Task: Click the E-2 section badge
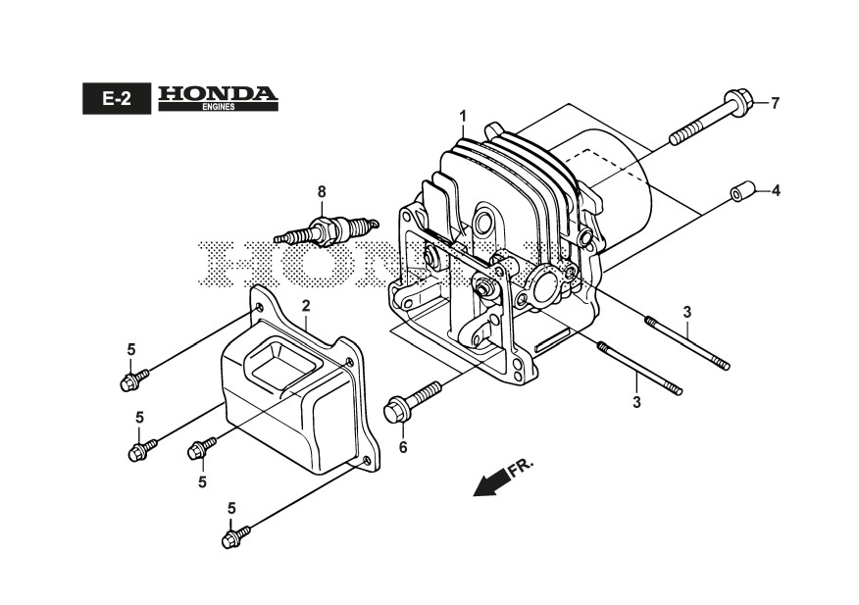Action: pyautogui.click(x=115, y=98)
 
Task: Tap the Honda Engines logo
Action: pyautogui.click(x=218, y=98)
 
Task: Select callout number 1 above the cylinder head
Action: pyautogui.click(x=462, y=117)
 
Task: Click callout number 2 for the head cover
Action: pyautogui.click(x=306, y=306)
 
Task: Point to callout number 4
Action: pyautogui.click(x=775, y=190)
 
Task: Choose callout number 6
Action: pyautogui.click(x=401, y=448)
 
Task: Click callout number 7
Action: pyautogui.click(x=774, y=102)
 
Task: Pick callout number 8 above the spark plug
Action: pyautogui.click(x=321, y=190)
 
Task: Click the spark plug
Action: pyautogui.click(x=323, y=231)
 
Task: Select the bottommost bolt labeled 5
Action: pyautogui.click(x=236, y=535)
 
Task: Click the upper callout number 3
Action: pyautogui.click(x=687, y=312)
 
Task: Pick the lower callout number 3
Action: pyautogui.click(x=636, y=402)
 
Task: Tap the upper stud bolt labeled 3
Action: pyautogui.click(x=686, y=342)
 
